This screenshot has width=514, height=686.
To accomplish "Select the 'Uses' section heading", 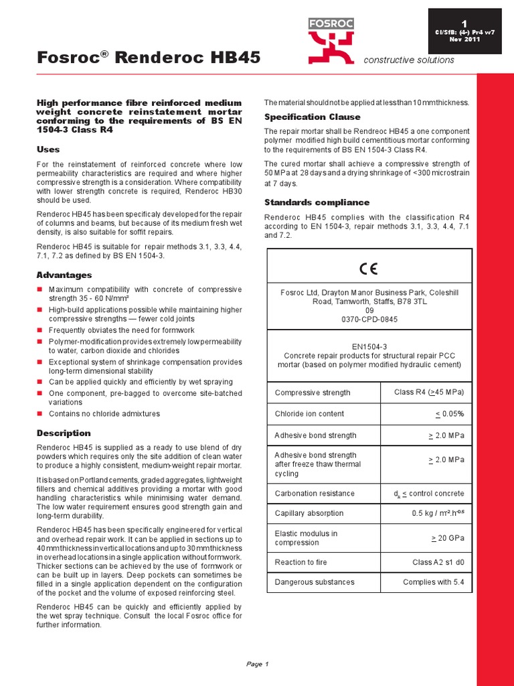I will [48, 149].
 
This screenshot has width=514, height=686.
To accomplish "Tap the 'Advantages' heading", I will [64, 275].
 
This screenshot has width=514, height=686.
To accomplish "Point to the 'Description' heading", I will [64, 433].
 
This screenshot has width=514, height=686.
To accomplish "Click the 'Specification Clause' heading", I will [312, 117].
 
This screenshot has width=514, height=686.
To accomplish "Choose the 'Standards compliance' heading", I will [317, 202].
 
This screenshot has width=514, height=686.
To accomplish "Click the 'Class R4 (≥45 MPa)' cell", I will [429, 392].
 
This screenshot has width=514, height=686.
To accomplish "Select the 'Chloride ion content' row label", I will [309, 414].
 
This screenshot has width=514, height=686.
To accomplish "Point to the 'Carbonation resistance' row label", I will [315, 494].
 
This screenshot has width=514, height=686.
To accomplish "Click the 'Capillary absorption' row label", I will [309, 513].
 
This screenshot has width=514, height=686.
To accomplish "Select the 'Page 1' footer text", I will [257, 664].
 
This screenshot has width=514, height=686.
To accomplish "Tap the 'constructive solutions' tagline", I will [408, 60].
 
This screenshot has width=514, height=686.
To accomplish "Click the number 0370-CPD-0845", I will [369, 320].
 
